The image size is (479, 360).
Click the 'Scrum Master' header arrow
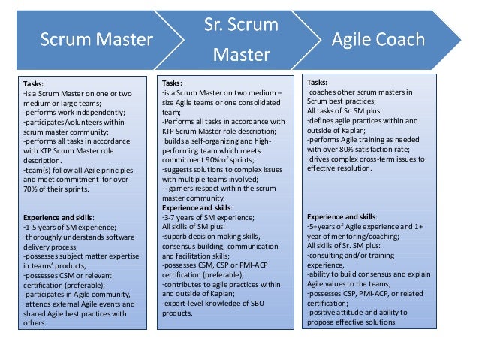tap(96, 38)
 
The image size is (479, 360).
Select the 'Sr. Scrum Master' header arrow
tap(241, 38)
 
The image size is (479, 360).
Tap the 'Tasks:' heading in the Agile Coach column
tap(318, 81)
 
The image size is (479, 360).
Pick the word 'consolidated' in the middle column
tap(249, 101)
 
